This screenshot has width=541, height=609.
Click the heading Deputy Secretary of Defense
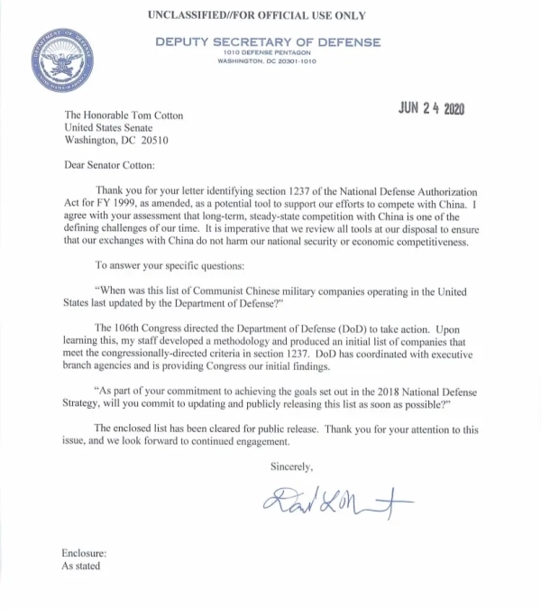click(268, 42)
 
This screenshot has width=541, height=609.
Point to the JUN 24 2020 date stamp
click(431, 108)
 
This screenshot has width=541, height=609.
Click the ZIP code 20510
click(152, 142)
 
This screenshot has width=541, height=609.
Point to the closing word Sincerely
click(291, 466)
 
